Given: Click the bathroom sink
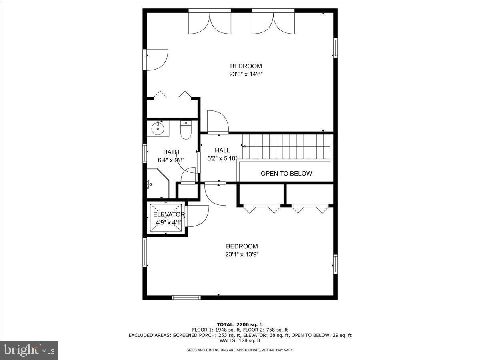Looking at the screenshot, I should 158,128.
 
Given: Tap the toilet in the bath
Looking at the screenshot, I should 186,130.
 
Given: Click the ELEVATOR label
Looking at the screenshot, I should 169,214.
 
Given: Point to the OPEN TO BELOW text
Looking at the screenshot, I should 286,174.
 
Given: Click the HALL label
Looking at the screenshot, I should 222,150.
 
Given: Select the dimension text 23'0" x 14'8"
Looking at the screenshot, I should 246,74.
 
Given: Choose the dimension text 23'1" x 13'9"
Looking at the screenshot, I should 242,254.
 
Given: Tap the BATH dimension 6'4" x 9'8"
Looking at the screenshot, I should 171,160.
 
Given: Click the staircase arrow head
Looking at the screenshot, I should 244,146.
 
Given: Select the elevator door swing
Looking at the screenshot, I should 198,216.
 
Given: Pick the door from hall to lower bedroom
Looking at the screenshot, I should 215,194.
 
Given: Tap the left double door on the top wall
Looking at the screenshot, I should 210,22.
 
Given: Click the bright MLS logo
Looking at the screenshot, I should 29,350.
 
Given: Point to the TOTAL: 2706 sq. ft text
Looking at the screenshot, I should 240,324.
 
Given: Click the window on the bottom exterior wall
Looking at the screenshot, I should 186,297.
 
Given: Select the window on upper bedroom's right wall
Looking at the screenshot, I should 335,48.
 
